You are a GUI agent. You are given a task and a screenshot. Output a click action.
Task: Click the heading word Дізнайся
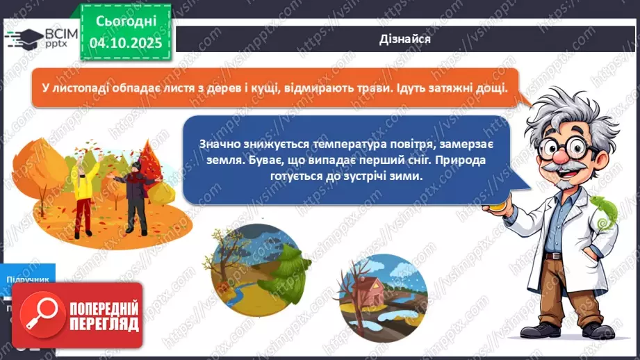(x=406, y=39)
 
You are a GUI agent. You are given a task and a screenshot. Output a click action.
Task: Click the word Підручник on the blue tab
(x=28, y=279)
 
